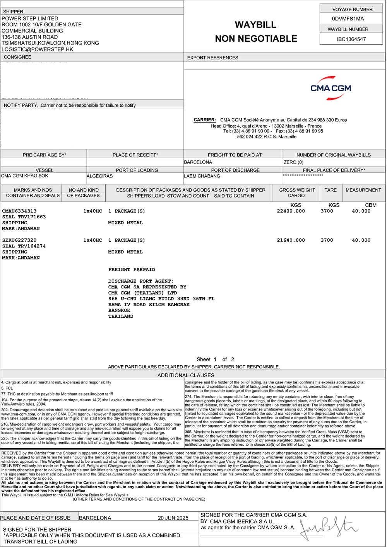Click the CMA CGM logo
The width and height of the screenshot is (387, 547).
pyautogui.click(x=330, y=88)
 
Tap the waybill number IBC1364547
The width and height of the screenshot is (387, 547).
pyautogui.click(x=351, y=39)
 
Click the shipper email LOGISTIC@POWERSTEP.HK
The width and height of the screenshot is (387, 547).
pyautogui.click(x=38, y=49)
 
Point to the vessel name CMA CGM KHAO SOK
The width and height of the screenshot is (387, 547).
pyautogui.click(x=25, y=176)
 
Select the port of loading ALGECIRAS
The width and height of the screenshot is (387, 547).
pyautogui.click(x=100, y=176)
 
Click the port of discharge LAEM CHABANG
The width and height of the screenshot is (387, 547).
pyautogui.click(x=202, y=176)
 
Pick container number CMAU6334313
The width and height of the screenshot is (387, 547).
pyautogui.click(x=19, y=211)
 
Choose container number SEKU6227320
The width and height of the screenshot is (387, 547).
pyautogui.click(x=19, y=240)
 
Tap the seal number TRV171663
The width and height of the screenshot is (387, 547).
pyautogui.click(x=32, y=217)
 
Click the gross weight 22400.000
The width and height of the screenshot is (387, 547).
pyautogui.click(x=291, y=211)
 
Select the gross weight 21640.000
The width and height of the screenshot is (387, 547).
pyautogui.click(x=291, y=240)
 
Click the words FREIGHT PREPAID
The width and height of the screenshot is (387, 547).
pyautogui.click(x=132, y=269)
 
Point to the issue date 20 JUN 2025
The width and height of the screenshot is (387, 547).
pyautogui.click(x=173, y=518)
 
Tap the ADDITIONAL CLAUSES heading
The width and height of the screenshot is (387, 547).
pyautogui.click(x=186, y=375)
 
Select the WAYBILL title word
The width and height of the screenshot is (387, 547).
pyautogui.click(x=255, y=25)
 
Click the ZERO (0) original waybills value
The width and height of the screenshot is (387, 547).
pyautogui.click(x=294, y=162)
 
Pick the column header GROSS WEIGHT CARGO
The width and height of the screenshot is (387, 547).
pyautogui.click(x=297, y=193)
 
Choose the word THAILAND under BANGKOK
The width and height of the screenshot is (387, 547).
pyautogui.click(x=121, y=316)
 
